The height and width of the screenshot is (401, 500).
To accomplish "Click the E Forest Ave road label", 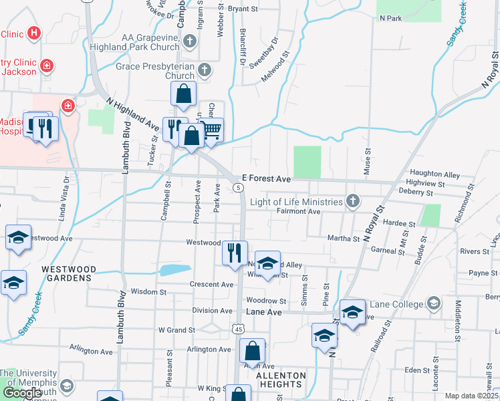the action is [x=266, y=179].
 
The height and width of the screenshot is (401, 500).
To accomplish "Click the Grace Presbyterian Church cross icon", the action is [x=205, y=68].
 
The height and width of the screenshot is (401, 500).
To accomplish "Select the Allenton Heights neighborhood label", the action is [x=281, y=380].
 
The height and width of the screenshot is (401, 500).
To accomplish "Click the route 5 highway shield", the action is [x=239, y=187].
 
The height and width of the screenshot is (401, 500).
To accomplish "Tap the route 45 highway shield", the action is [x=239, y=329].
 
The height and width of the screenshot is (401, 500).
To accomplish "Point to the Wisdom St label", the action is [x=148, y=292].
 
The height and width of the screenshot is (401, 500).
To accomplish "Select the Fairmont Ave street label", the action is [x=299, y=211].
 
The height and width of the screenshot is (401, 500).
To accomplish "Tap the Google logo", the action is [x=23, y=393].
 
